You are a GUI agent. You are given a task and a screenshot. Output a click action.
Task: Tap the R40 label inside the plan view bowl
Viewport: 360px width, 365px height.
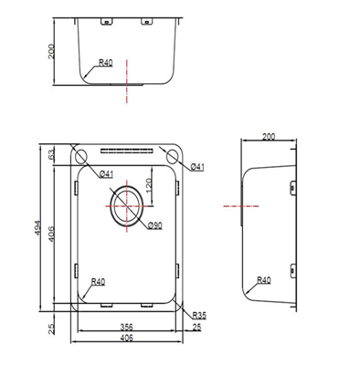[x=97, y=283]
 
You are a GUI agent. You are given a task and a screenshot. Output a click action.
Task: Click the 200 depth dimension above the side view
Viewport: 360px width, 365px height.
[x=268, y=137]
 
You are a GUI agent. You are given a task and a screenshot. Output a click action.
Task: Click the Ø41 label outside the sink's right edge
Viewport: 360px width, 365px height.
[x=198, y=166]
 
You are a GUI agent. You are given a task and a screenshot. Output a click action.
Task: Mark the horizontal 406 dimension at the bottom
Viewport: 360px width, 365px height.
[x=127, y=339]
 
